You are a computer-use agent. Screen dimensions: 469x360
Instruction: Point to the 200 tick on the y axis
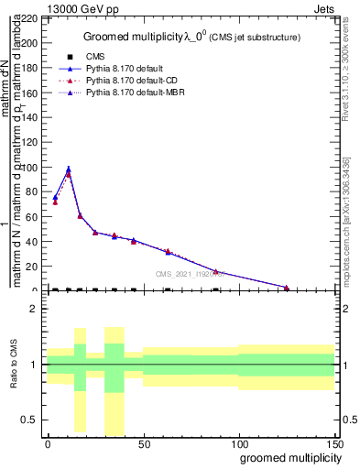pyautogui.click(x=33, y=43)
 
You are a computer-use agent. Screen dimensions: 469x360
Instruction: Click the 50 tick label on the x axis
pyautogui.click(x=143, y=443)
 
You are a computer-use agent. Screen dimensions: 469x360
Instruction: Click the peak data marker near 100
pyautogui.click(x=68, y=169)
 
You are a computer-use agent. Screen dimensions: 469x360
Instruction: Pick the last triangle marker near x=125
pyautogui.click(x=287, y=288)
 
